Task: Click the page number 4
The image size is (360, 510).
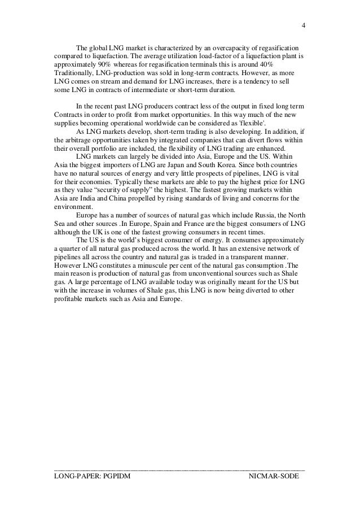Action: point(304,26)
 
